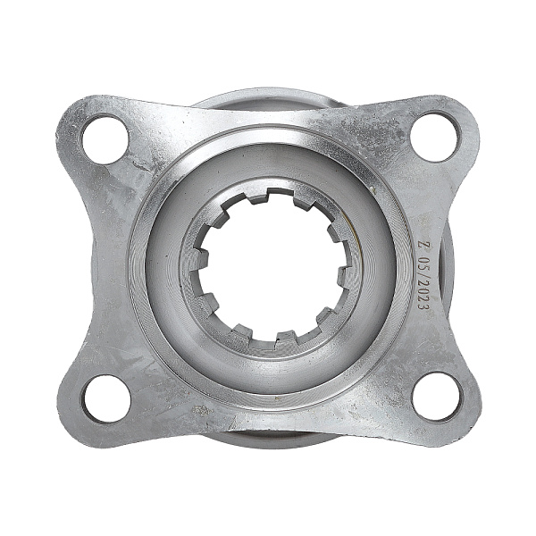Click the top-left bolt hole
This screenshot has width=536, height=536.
pyautogui.click(x=105, y=139)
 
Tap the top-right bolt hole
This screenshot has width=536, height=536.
pyautogui.click(x=434, y=137)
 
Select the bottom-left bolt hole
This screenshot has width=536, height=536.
pyautogui.click(x=107, y=399)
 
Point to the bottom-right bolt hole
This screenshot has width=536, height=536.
pyautogui.click(x=436, y=398)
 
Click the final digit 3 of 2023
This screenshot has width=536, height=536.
pyautogui.click(x=423, y=308)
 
